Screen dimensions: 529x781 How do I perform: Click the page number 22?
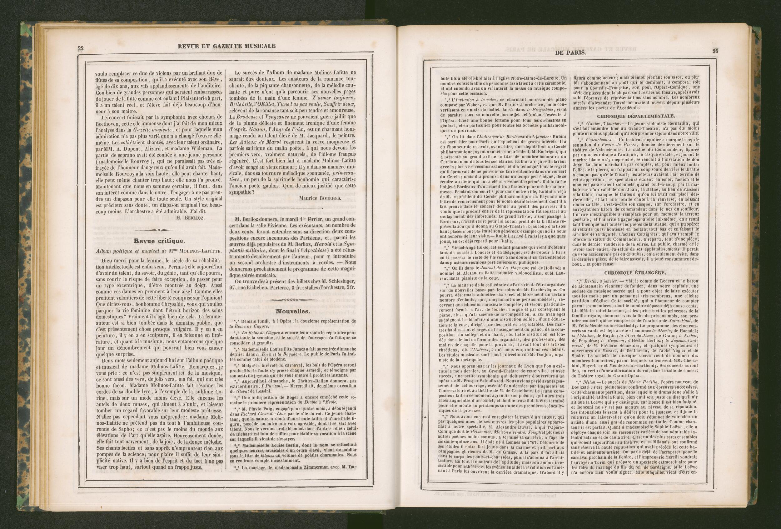(x=81, y=48)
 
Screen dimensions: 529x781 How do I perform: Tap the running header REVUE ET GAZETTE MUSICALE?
(x=227, y=46)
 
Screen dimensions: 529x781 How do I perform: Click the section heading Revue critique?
(x=159, y=241)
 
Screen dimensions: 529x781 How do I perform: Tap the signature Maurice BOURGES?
(x=320, y=198)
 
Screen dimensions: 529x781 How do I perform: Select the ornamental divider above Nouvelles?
(x=291, y=299)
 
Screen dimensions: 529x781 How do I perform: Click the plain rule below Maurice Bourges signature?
(x=291, y=208)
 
